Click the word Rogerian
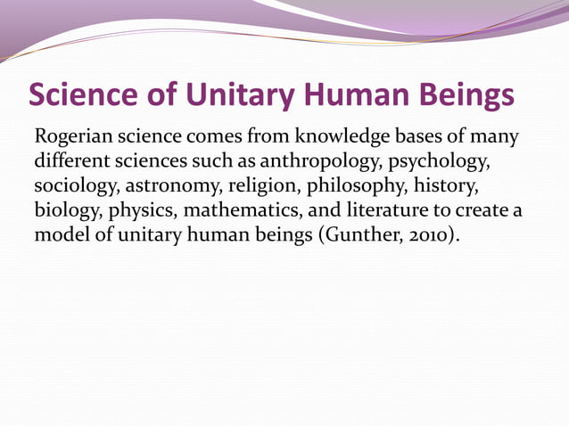(x=74, y=139)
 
